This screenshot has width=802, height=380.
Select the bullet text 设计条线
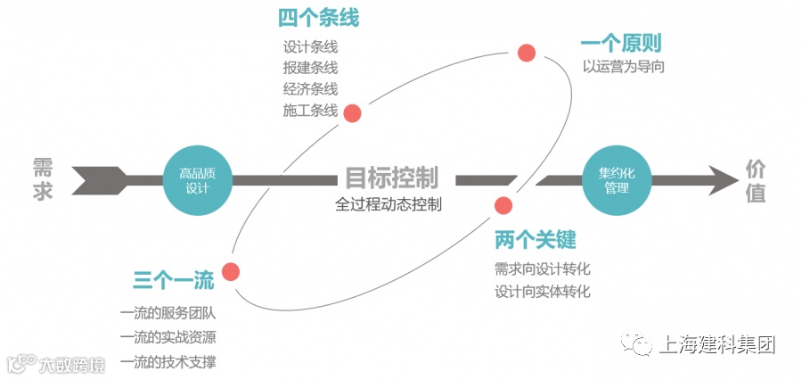click(310, 46)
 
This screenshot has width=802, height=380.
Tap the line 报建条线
click(310, 68)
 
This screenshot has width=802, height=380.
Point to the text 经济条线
click(310, 89)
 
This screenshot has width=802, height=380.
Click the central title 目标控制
click(391, 178)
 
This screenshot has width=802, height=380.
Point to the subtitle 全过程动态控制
click(389, 204)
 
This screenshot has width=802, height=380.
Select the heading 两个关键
click(535, 240)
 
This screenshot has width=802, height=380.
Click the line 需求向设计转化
click(543, 268)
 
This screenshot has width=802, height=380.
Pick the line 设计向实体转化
click(543, 291)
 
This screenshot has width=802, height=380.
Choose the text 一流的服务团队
click(168, 314)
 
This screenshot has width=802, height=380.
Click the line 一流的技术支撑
click(168, 361)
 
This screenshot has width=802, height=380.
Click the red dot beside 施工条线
click(352, 113)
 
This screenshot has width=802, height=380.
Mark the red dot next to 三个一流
click(232, 272)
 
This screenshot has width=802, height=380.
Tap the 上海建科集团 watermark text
click(716, 344)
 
